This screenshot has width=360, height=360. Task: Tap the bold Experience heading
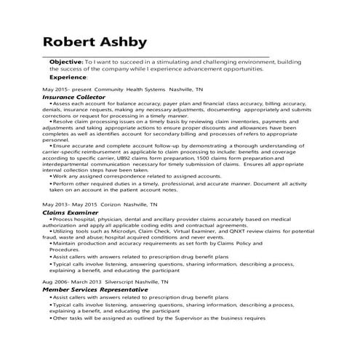pyautogui.click(x=70, y=76)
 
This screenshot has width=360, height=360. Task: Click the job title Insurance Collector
pyautogui.click(x=73, y=96)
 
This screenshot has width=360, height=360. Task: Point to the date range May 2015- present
pyautogui.click(x=60, y=88)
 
